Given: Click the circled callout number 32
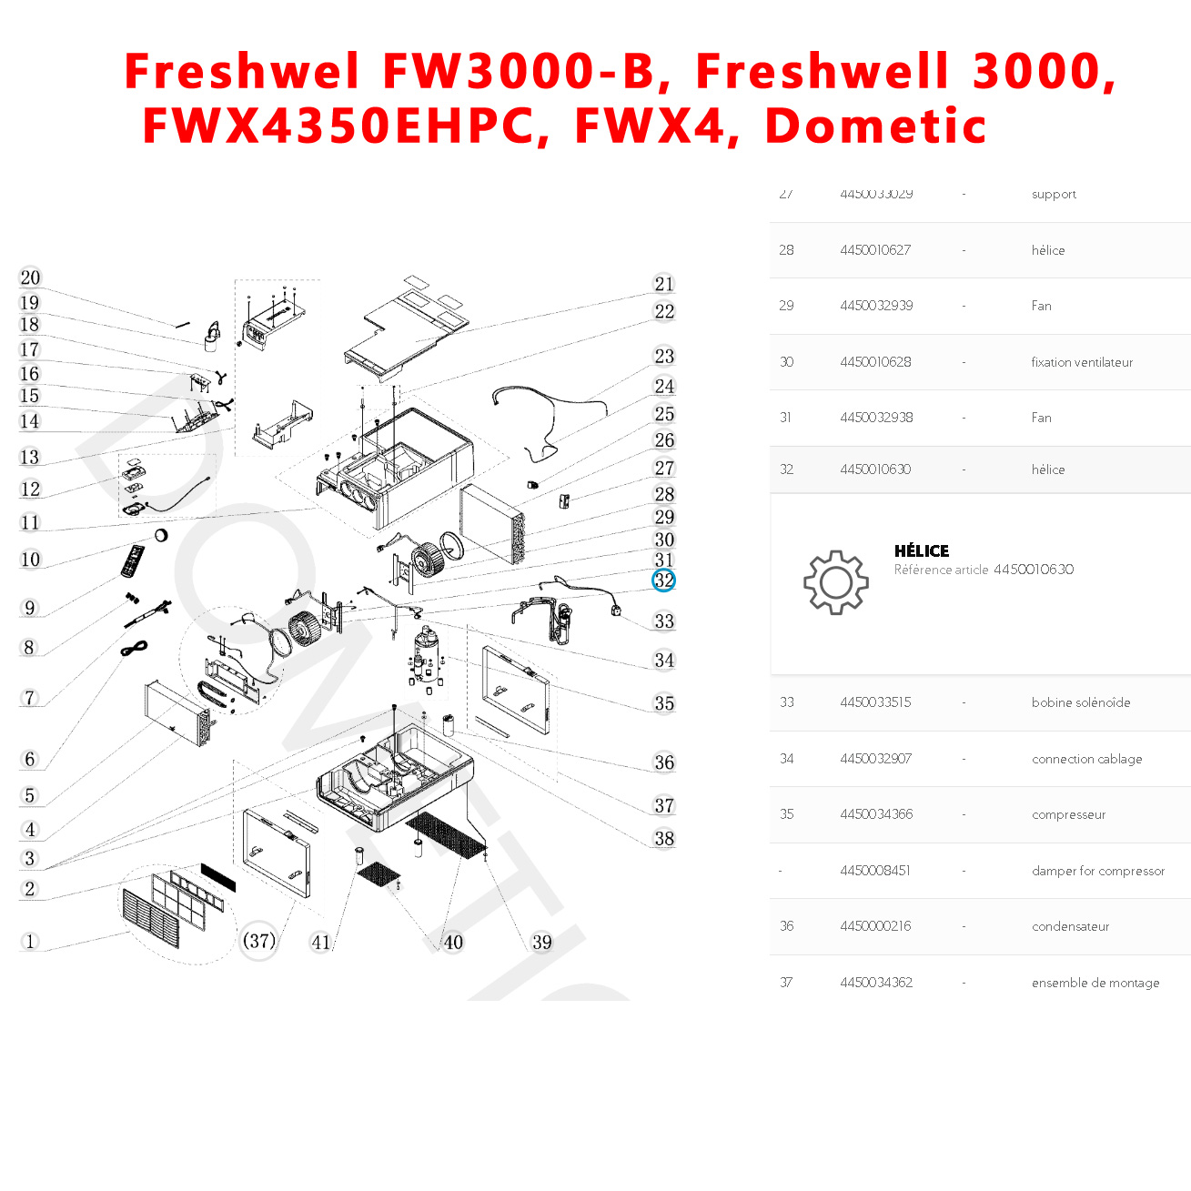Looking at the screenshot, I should [664, 580].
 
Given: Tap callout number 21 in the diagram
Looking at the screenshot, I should [664, 284].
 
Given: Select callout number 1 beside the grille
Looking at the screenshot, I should [30, 942].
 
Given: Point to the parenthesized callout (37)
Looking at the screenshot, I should [259, 941].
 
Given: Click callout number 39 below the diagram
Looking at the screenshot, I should [542, 942].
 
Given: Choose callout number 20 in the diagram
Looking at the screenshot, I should [30, 278].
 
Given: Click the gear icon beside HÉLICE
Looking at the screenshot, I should [835, 582].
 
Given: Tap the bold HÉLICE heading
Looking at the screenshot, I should [922, 550].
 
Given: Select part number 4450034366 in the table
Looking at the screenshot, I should [876, 814].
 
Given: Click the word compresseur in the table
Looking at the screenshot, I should [1068, 814].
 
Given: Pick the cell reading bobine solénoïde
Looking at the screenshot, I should [1081, 702].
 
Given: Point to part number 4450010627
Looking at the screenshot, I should [875, 250].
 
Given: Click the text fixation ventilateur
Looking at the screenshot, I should [1082, 362].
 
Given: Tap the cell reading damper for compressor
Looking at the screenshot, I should [1097, 871].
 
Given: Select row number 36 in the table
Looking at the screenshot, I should [787, 926].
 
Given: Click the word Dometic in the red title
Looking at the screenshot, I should [875, 126].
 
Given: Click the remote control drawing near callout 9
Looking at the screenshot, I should [133, 560].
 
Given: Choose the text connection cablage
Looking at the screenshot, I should [1086, 759].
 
